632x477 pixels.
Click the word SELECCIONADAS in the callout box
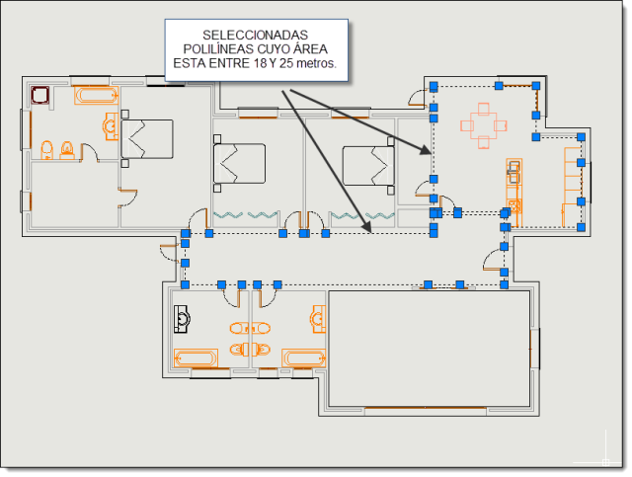[255, 36]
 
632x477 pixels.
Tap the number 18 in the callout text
[261, 63]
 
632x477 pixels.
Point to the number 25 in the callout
[286, 63]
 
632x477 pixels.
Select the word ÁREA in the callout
[310, 48]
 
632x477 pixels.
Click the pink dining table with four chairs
[484, 125]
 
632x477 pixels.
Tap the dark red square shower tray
[40, 95]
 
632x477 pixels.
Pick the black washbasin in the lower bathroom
[182, 319]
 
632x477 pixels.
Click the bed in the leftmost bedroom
[147, 139]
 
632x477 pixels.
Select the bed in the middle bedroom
[239, 164]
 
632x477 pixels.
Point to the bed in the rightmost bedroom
[368, 166]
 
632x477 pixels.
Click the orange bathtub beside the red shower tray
[96, 96]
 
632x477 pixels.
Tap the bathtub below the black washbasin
[196, 358]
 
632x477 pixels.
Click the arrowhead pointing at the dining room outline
[426, 149]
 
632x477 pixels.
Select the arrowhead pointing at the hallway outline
[366, 227]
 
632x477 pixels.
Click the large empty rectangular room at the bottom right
[430, 349]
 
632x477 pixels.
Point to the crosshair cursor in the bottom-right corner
[605, 462]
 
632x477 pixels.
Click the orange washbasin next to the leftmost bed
[112, 126]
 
